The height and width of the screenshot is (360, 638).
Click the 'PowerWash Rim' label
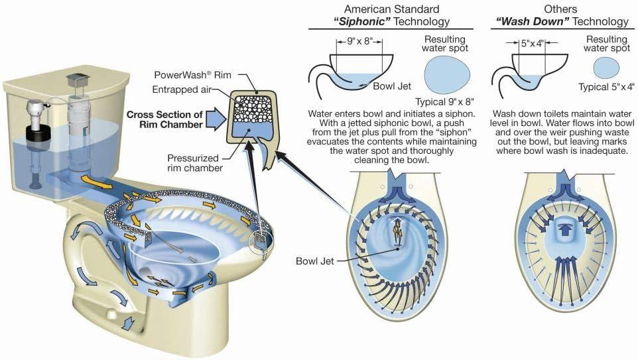(192, 75)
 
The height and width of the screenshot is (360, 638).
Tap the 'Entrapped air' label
(182, 90)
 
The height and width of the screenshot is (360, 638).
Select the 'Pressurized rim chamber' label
(195, 162)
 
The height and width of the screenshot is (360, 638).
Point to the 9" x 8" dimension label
(359, 42)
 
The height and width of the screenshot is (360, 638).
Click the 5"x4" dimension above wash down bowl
(532, 43)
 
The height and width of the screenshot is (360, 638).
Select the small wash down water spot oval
(606, 68)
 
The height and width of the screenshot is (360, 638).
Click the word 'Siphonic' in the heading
(361, 22)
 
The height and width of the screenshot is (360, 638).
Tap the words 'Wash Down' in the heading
(530, 22)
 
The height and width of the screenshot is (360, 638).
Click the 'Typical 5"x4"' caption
(606, 87)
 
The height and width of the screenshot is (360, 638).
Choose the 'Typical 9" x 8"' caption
(444, 101)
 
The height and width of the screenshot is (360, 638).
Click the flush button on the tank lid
(76, 80)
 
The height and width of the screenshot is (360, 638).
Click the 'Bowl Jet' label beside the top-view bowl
(314, 261)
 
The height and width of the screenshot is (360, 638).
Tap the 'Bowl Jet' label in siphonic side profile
(392, 86)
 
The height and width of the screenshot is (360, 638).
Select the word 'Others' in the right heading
(560, 9)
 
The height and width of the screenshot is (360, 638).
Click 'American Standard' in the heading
(392, 9)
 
